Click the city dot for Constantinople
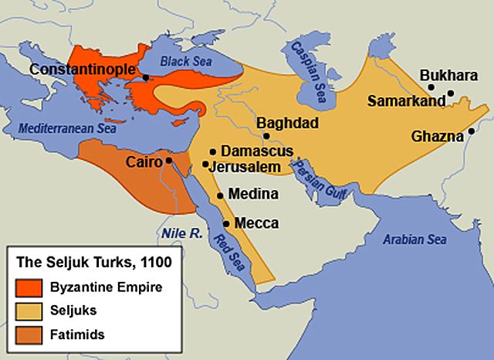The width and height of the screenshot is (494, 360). tap(145, 76)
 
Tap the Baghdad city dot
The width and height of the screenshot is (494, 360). tap(266, 136)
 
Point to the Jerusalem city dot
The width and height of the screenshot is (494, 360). tap(205, 164)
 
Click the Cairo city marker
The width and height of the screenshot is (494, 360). tap(169, 161)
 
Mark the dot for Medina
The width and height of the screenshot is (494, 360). tap(220, 195)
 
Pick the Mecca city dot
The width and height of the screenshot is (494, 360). tap(226, 223)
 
